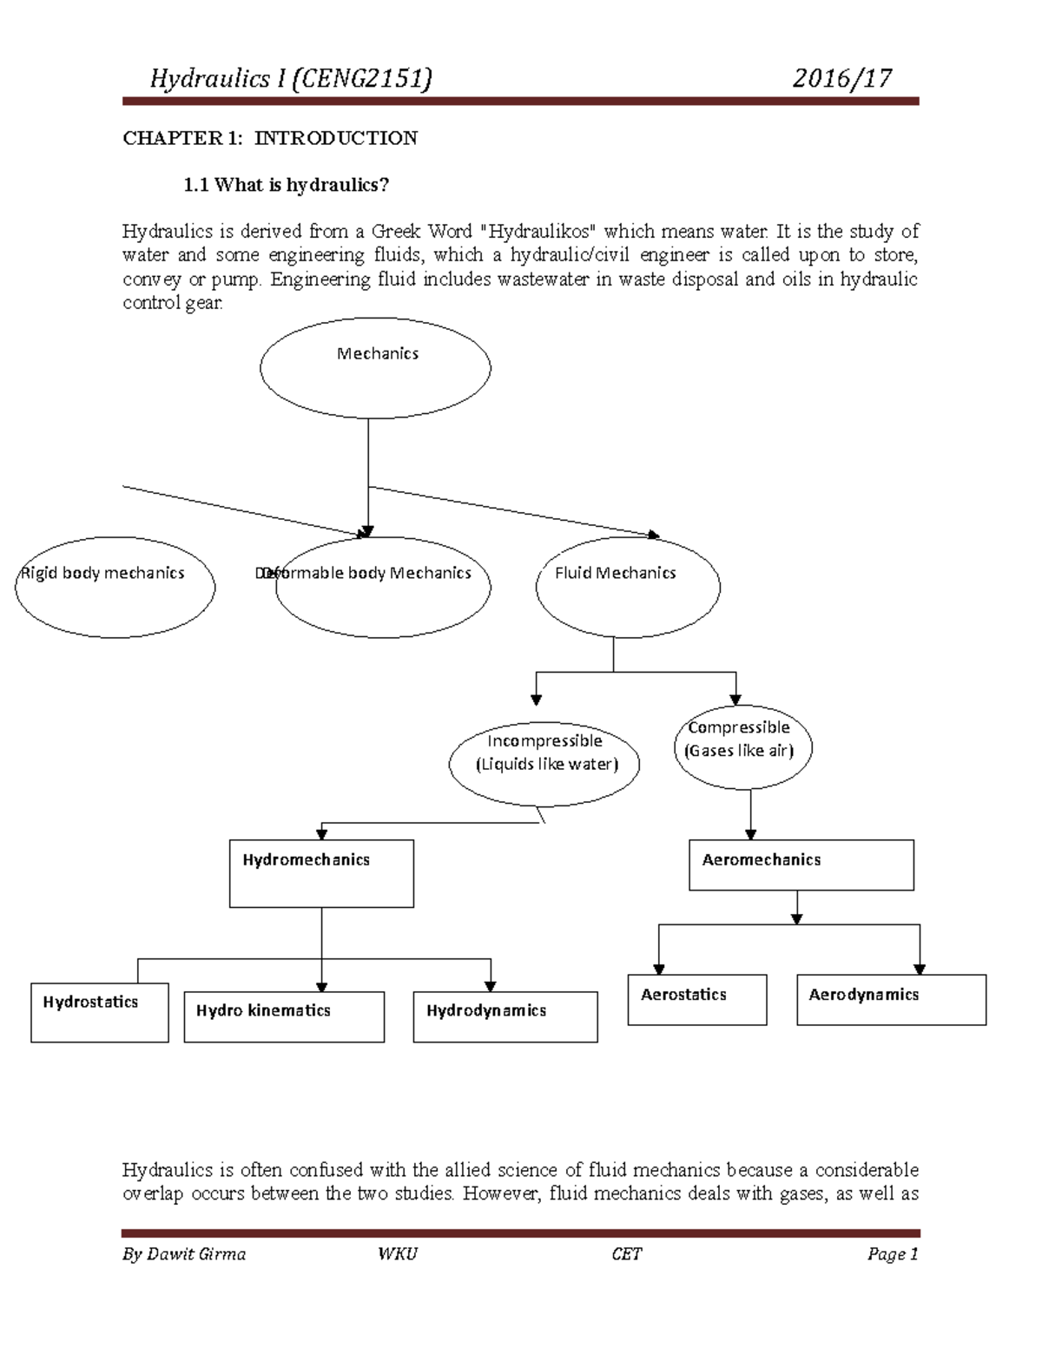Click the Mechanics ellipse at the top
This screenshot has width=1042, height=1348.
pyautogui.click(x=375, y=367)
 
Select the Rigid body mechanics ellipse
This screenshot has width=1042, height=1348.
pyautogui.click(x=115, y=588)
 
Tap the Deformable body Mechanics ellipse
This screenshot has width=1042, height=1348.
pyautogui.click(x=383, y=588)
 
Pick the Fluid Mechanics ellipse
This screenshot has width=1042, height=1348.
pyautogui.click(x=628, y=587)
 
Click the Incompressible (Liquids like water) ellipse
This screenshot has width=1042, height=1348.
pyautogui.click(x=544, y=764)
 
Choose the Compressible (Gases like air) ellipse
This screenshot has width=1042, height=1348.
pyautogui.click(x=742, y=746)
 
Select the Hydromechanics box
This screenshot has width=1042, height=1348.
pyautogui.click(x=321, y=873)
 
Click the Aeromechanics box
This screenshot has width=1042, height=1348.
pyautogui.click(x=801, y=865)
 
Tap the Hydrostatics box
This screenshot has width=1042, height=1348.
pyautogui.click(x=99, y=1012)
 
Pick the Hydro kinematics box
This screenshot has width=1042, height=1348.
pyautogui.click(x=284, y=1016)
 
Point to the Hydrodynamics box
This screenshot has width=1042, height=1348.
pyautogui.click(x=505, y=1016)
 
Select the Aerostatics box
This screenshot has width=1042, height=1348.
pyautogui.click(x=696, y=999)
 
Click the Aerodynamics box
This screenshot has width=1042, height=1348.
pyautogui.click(x=891, y=999)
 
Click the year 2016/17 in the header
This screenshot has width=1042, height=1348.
pyautogui.click(x=841, y=79)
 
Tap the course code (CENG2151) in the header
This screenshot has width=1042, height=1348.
pyautogui.click(x=362, y=79)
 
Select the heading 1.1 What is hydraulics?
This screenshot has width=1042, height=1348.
pyautogui.click(x=286, y=185)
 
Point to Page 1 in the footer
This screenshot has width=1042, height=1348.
pyautogui.click(x=892, y=1254)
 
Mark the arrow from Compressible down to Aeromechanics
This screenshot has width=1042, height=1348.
pyautogui.click(x=750, y=814)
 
